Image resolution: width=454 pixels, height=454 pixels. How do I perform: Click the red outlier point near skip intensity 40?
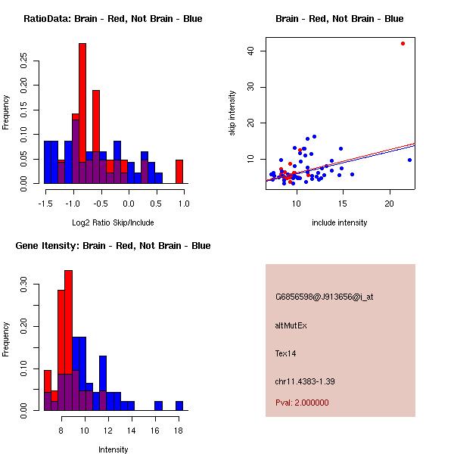click(403, 43)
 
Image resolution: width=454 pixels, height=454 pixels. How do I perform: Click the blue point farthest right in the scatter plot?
click(409, 160)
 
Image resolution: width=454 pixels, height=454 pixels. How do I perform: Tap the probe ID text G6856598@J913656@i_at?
click(324, 297)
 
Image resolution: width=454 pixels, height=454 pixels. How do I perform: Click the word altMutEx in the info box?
click(291, 325)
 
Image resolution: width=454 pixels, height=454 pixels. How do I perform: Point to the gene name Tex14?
click(286, 353)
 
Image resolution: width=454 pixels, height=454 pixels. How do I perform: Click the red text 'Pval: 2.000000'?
click(302, 403)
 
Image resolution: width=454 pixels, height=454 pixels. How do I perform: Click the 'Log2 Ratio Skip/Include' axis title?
click(112, 222)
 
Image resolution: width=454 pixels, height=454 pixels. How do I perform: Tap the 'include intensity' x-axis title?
click(339, 222)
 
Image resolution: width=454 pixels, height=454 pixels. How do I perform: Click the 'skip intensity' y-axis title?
click(232, 113)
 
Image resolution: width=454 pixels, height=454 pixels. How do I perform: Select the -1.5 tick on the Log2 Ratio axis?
click(45, 203)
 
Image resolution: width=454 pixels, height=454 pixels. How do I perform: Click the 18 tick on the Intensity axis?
click(179, 430)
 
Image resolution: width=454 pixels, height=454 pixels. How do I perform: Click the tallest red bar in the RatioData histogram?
click(82, 113)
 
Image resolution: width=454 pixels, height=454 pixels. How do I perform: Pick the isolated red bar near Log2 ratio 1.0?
click(179, 171)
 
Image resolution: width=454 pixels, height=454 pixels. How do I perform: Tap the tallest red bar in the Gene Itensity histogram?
click(68, 340)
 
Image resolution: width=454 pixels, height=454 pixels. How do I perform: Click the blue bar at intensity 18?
click(179, 406)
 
